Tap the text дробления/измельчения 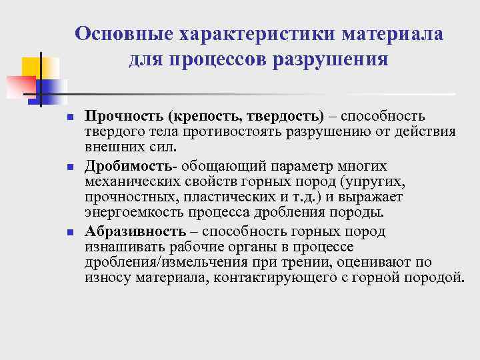(x=157, y=262)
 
